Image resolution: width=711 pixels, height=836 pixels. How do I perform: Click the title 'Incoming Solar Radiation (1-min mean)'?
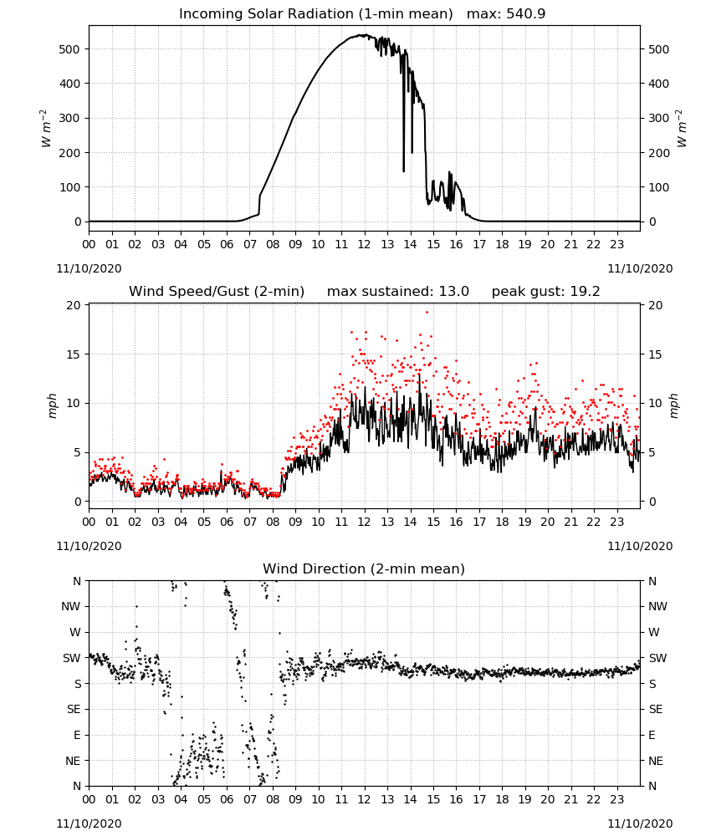(x=315, y=14)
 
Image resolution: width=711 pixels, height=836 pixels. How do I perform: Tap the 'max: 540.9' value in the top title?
(x=506, y=14)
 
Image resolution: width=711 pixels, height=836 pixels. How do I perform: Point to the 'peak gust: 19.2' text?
(x=545, y=292)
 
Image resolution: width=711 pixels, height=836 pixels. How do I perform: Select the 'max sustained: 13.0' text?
(x=398, y=292)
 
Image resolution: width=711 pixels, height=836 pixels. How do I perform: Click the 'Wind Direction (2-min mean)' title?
(x=364, y=568)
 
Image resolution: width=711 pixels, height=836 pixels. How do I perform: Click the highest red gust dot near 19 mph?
(x=427, y=313)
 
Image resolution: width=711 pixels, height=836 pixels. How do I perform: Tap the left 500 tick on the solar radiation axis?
(x=69, y=49)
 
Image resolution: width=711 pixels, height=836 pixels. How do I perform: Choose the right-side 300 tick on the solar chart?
(x=659, y=119)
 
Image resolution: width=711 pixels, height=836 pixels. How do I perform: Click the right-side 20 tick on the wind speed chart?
(x=656, y=305)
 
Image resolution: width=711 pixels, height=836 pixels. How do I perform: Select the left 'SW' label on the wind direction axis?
(x=72, y=658)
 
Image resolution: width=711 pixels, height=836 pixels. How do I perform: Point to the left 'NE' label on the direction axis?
(x=73, y=761)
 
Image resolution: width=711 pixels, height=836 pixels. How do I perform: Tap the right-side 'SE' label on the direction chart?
(x=656, y=709)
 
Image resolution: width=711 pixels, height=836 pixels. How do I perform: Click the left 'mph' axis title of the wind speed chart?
(x=52, y=405)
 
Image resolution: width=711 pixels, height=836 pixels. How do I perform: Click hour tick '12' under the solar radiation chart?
(x=365, y=245)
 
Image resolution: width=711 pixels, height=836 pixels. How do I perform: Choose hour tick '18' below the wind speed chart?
(x=502, y=522)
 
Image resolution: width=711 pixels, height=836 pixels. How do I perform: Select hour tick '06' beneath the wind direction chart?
(x=227, y=800)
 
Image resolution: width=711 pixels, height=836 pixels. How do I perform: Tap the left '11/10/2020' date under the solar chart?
(x=89, y=268)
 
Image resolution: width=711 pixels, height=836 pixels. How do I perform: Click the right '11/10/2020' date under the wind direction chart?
(x=640, y=823)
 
